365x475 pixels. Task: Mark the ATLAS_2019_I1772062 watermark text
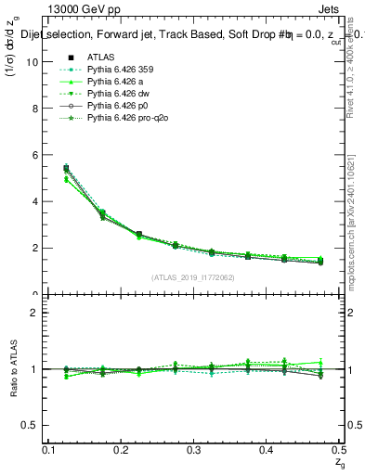(194, 276)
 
